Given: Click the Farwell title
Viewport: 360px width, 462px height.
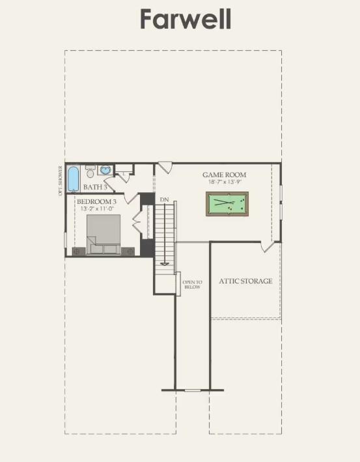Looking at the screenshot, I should click(x=186, y=20).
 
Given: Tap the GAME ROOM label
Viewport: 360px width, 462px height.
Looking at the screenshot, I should click(x=224, y=175).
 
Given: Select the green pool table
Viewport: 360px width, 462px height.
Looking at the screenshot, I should click(x=228, y=205).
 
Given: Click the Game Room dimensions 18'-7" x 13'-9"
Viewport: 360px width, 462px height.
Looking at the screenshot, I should click(x=224, y=182).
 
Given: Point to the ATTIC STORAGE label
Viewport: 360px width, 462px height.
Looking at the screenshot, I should click(x=245, y=281).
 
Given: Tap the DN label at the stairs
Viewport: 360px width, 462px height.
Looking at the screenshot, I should click(x=164, y=198).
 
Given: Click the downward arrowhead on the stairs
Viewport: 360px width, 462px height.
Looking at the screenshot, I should click(x=165, y=263).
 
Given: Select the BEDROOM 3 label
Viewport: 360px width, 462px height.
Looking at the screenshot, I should click(x=96, y=202).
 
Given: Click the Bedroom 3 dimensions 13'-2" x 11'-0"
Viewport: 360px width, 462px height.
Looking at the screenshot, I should click(x=96, y=209).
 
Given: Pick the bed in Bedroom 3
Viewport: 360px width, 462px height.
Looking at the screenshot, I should click(x=104, y=233).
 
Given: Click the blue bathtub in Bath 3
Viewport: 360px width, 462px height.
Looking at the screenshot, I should click(x=74, y=177).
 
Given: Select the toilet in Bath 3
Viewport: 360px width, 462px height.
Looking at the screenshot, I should click(x=90, y=172).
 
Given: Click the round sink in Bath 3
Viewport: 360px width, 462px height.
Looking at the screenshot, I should click(x=105, y=170).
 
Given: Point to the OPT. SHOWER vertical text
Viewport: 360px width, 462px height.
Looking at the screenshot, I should click(x=61, y=180).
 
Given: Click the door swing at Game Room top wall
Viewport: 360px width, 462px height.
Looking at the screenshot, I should click(x=165, y=167).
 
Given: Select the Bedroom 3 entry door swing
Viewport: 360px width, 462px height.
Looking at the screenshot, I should click(x=132, y=197).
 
